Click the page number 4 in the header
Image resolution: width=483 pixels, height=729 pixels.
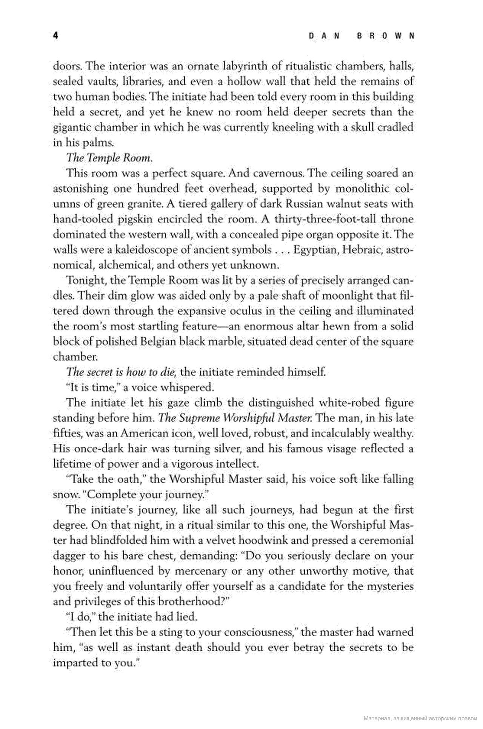(x=55, y=36)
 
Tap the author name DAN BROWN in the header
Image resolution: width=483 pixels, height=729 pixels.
(x=361, y=36)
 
